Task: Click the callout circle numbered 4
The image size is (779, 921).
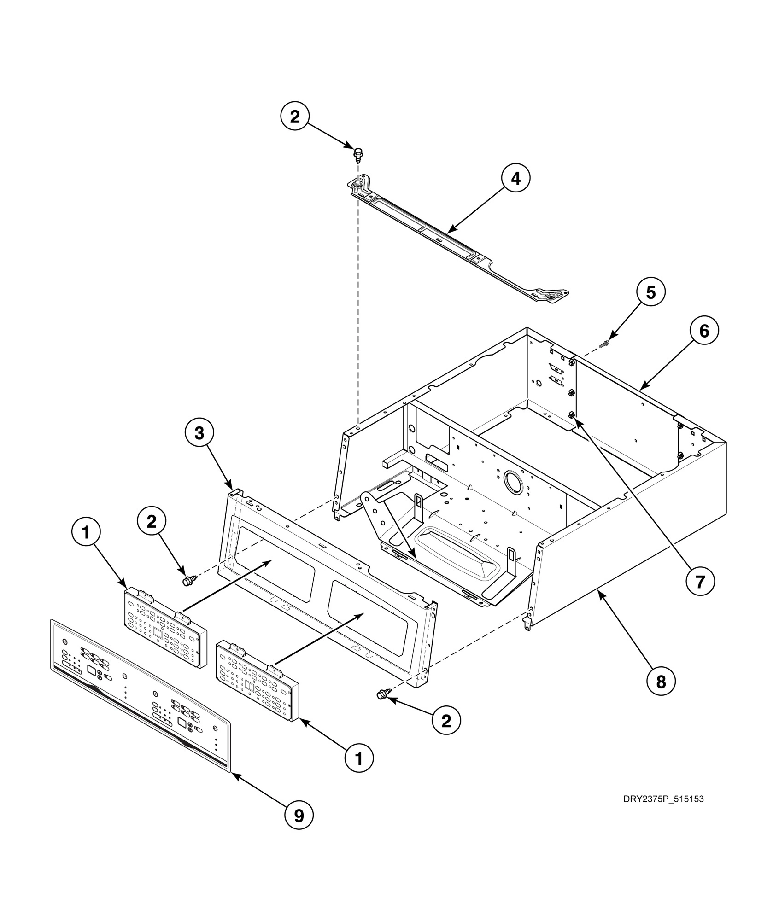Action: pos(515,178)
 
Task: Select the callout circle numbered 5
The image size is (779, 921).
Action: pos(650,292)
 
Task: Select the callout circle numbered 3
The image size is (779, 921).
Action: pos(199,433)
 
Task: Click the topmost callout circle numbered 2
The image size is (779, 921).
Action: pos(295,117)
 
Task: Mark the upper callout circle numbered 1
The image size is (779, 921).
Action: pos(86,532)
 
